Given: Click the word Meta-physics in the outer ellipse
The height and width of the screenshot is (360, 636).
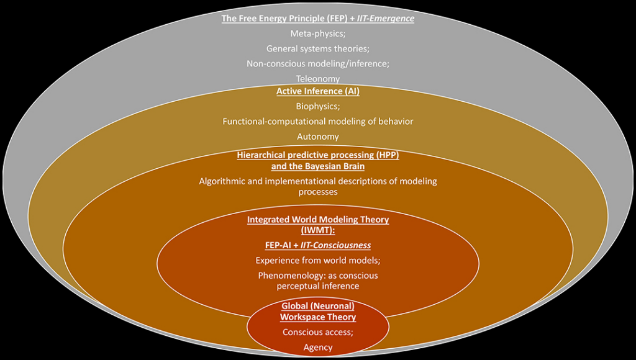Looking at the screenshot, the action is [x=317, y=34].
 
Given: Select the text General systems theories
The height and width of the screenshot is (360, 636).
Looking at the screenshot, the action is [x=317, y=48].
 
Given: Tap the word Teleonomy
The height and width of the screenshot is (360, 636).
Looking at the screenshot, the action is [x=317, y=79].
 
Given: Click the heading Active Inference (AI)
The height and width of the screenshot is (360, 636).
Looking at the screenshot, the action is [x=317, y=91].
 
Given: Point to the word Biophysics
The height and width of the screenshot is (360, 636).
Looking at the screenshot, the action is [x=317, y=106].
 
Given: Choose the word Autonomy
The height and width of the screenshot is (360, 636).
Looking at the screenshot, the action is [x=317, y=137].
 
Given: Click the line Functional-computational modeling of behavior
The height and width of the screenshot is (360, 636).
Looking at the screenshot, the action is [x=317, y=121].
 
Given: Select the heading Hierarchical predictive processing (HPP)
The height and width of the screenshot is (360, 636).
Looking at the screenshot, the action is [x=318, y=155].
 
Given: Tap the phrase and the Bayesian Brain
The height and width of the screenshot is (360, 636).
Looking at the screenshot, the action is [x=318, y=166].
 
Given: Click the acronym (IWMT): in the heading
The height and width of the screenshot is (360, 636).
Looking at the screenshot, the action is [x=317, y=230].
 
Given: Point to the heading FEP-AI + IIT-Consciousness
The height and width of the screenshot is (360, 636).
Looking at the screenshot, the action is [x=317, y=245].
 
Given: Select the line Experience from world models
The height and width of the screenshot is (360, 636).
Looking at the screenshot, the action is [x=317, y=260].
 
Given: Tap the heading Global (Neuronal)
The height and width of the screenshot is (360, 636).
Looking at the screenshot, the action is [x=318, y=306].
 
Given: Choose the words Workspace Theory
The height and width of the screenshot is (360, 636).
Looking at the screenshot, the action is [x=318, y=317].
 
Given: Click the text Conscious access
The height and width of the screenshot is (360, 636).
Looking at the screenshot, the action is [x=317, y=332].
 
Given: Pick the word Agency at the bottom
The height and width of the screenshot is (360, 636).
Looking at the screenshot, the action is [x=318, y=348].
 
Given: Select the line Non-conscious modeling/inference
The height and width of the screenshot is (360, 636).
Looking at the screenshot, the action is [x=317, y=64].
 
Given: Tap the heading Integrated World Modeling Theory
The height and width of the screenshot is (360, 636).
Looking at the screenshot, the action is [x=318, y=220].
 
